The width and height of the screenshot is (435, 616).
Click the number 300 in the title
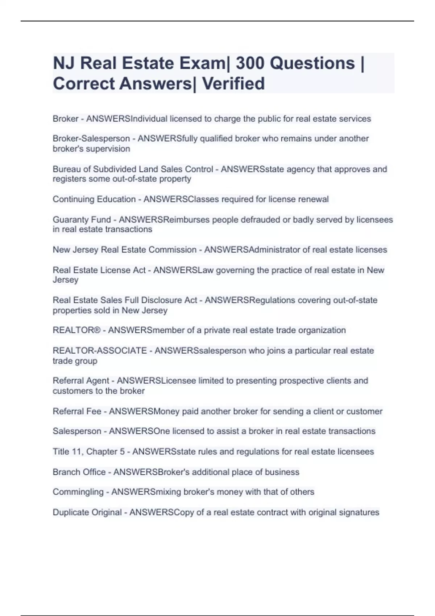[x=250, y=63]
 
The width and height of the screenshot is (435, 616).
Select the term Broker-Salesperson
[x=91, y=138]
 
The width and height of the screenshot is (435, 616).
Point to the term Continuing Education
[x=94, y=199]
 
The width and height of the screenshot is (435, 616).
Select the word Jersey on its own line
[x=65, y=280]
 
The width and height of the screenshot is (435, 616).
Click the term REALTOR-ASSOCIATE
[x=100, y=350]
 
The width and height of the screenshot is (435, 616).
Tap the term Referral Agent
[x=80, y=380]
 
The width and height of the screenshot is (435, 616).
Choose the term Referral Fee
[x=76, y=411]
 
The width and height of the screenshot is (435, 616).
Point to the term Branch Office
[x=79, y=472]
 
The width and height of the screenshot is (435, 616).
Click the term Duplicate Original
[x=87, y=512]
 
